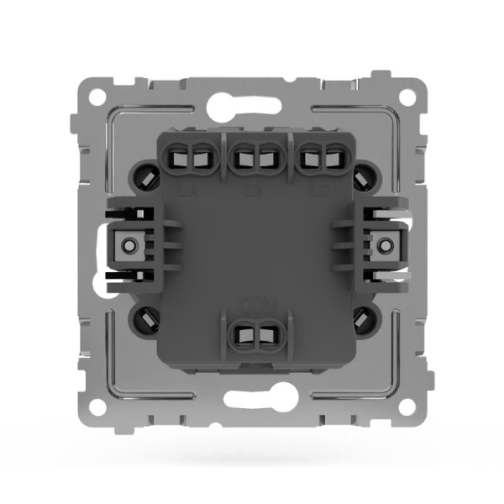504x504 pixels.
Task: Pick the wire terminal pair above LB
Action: click(252, 155)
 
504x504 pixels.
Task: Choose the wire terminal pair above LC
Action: click(317, 155)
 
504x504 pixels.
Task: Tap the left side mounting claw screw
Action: click(128, 245)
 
